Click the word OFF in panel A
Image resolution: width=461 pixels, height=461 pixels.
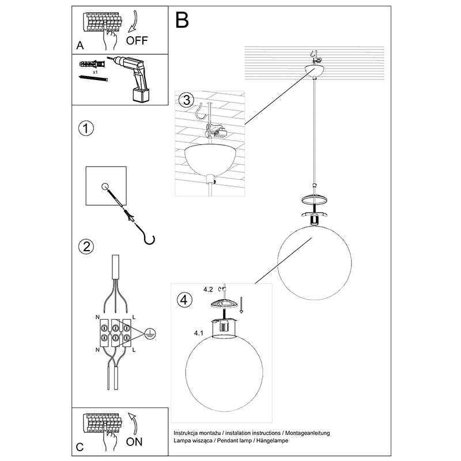point(137,40)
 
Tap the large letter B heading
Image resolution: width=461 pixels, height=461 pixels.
point(183,21)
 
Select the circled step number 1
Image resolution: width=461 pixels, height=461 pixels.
point(85,129)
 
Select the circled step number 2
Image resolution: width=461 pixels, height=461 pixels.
point(85,247)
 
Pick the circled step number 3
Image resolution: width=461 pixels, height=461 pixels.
point(184,100)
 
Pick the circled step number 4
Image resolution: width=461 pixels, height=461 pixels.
point(183,300)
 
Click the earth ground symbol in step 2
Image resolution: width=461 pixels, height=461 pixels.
point(149,333)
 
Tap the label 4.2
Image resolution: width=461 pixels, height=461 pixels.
point(208,290)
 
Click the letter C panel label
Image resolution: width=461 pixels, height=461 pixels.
point(80,447)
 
